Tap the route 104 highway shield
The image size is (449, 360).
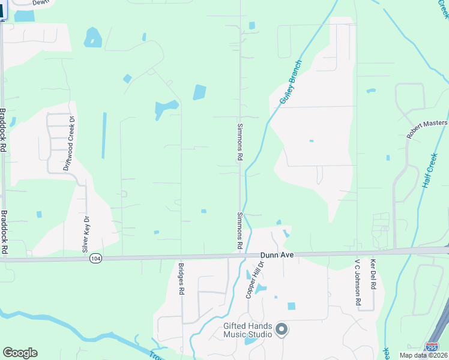click(95, 258)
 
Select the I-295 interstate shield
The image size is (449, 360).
click(432, 347)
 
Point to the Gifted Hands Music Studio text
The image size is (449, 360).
click(247, 331)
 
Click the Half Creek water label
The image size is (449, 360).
click(430, 170)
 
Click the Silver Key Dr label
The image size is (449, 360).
click(85, 233)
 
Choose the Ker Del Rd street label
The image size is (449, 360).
click(373, 275)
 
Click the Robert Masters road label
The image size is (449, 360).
click(427, 128)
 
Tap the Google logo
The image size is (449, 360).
click(20, 353)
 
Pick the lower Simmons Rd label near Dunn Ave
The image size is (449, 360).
click(239, 232)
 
